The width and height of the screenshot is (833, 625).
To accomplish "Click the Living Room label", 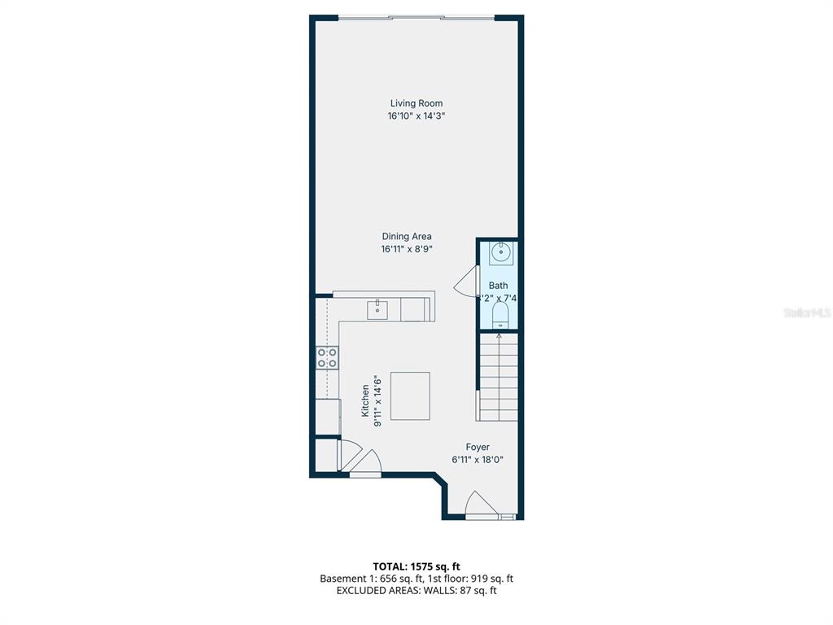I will [416, 103].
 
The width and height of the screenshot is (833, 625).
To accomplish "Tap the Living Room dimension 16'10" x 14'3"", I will [416, 116].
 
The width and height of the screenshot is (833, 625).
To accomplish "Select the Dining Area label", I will [407, 237].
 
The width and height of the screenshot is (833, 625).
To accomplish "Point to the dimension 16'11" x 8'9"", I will [406, 250].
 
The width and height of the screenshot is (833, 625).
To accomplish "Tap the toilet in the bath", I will [499, 316].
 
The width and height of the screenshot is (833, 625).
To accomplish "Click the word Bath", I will [498, 286].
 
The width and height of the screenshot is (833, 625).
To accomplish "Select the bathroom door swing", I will [465, 282].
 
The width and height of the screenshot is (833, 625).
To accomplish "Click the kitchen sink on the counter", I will [377, 309].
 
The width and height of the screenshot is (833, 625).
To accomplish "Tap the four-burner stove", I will [327, 357].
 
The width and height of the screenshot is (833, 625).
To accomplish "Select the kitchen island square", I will [410, 396].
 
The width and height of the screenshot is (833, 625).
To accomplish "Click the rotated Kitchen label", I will [366, 401].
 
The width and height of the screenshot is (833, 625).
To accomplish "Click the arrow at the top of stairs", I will [499, 337].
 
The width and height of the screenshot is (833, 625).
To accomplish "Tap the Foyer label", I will [478, 447].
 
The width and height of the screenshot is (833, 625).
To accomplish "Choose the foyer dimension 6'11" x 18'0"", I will [478, 460].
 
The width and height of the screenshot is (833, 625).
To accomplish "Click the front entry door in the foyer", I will [480, 505].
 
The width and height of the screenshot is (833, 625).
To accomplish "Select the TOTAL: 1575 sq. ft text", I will [416, 566].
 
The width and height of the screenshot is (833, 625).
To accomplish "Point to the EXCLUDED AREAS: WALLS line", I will [416, 591].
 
